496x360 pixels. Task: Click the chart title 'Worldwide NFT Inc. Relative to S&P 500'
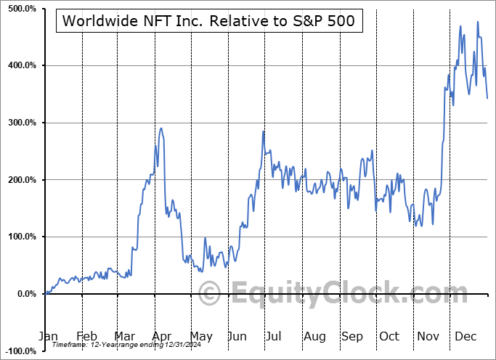(x=208, y=20)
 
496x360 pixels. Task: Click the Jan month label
(x=48, y=337)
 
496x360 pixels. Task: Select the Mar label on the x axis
(x=124, y=337)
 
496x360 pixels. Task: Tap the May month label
(x=200, y=337)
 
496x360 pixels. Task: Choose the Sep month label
(x=352, y=337)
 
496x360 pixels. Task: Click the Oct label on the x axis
(x=390, y=337)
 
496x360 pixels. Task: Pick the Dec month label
(x=465, y=337)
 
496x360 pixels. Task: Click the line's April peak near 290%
(x=161, y=128)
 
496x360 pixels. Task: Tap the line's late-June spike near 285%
(x=263, y=131)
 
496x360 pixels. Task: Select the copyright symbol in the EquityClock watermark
(x=210, y=295)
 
